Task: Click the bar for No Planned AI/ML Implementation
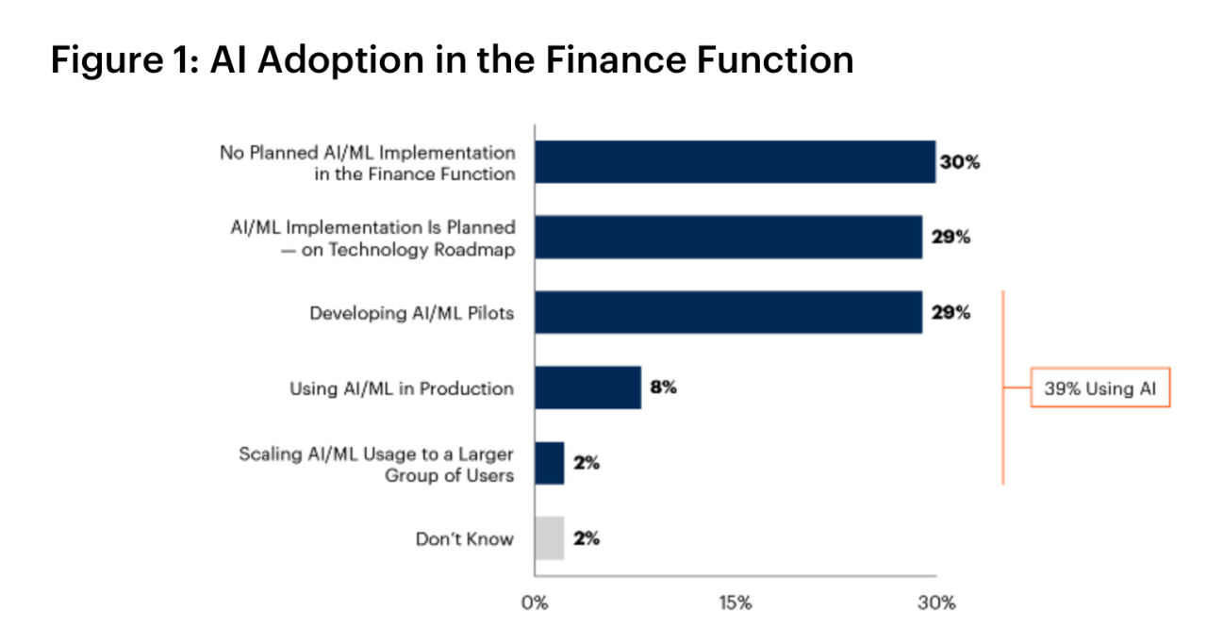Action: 735,162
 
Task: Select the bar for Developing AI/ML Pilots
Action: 728,312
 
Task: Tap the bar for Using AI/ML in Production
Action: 587,388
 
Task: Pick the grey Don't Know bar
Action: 549,538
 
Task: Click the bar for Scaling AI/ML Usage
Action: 549,463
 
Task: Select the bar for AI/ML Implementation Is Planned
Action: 728,237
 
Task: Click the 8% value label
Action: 663,388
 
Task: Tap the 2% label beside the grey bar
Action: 586,538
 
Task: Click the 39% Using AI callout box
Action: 1100,388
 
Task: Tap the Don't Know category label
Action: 465,539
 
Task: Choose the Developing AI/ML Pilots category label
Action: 412,313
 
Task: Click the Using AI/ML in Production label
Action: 402,388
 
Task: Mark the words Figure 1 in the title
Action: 120,60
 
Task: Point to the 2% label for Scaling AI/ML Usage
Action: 586,463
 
